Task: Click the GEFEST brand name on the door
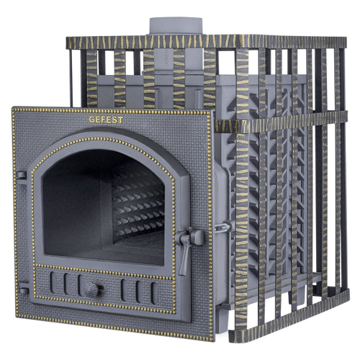point(106,120)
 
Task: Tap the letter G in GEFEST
point(91,120)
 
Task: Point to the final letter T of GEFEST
point(121,120)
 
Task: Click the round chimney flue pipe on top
point(176,26)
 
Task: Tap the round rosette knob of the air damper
point(91,289)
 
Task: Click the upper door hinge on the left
point(21,176)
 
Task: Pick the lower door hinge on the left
point(23,290)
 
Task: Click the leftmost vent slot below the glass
point(53,282)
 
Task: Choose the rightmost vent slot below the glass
point(154,293)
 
